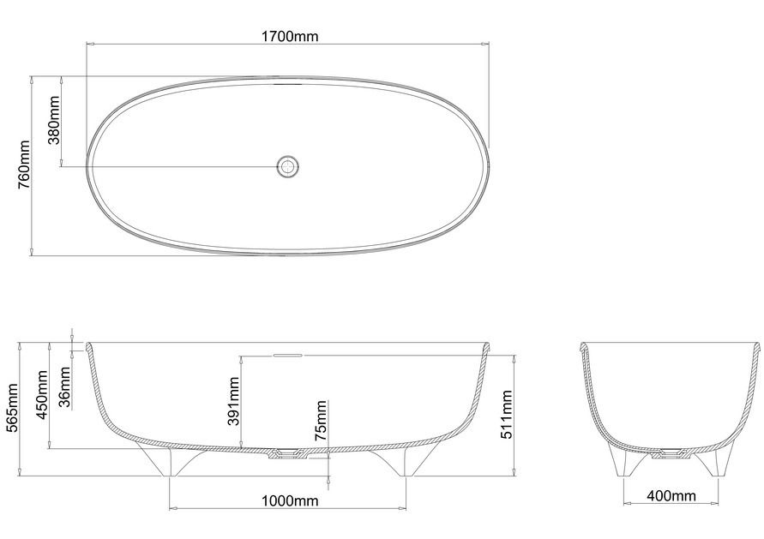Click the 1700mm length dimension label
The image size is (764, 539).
290,36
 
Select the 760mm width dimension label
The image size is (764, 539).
24,165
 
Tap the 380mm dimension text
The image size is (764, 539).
54,120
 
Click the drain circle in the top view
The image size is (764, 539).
287,166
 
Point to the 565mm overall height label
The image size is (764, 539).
11,408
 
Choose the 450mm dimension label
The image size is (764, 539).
42,395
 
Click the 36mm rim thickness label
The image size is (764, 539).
64,387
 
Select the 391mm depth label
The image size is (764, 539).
234,401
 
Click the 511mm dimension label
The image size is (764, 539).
508,415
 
